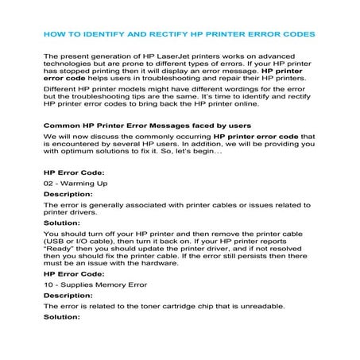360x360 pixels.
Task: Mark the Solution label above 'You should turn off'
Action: [x=62, y=224]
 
